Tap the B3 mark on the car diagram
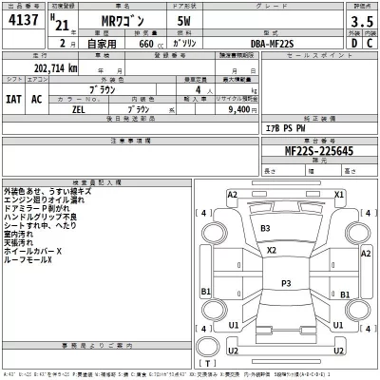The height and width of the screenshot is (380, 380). [265, 229]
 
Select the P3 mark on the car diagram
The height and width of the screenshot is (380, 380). [286, 282]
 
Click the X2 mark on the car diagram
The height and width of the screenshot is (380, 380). [271, 251]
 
